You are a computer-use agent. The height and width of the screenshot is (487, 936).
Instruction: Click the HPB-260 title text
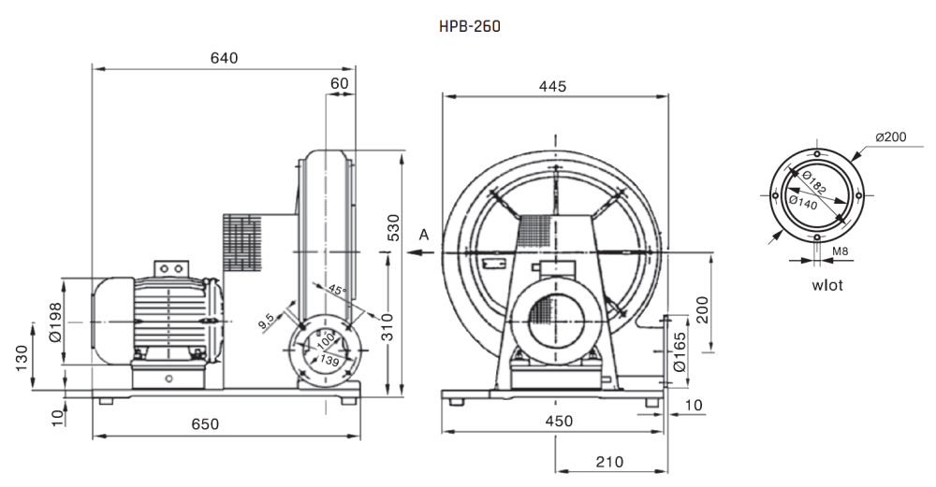[x=470, y=26]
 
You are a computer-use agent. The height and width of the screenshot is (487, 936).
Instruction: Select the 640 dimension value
[x=224, y=58]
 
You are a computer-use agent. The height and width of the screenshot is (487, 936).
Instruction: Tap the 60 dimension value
[x=339, y=83]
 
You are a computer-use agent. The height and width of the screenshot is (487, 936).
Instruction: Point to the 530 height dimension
[x=395, y=227]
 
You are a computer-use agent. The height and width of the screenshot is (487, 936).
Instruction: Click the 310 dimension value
[x=388, y=326]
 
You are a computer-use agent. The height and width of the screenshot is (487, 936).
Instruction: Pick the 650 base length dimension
[x=205, y=423]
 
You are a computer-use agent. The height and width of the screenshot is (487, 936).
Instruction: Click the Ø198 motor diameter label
[x=55, y=322]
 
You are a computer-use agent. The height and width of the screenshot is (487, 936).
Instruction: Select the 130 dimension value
[x=22, y=358]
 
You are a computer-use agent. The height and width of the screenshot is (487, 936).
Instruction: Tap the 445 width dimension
[x=552, y=86]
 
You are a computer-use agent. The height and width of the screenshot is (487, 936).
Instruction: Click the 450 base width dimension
[x=559, y=421]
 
